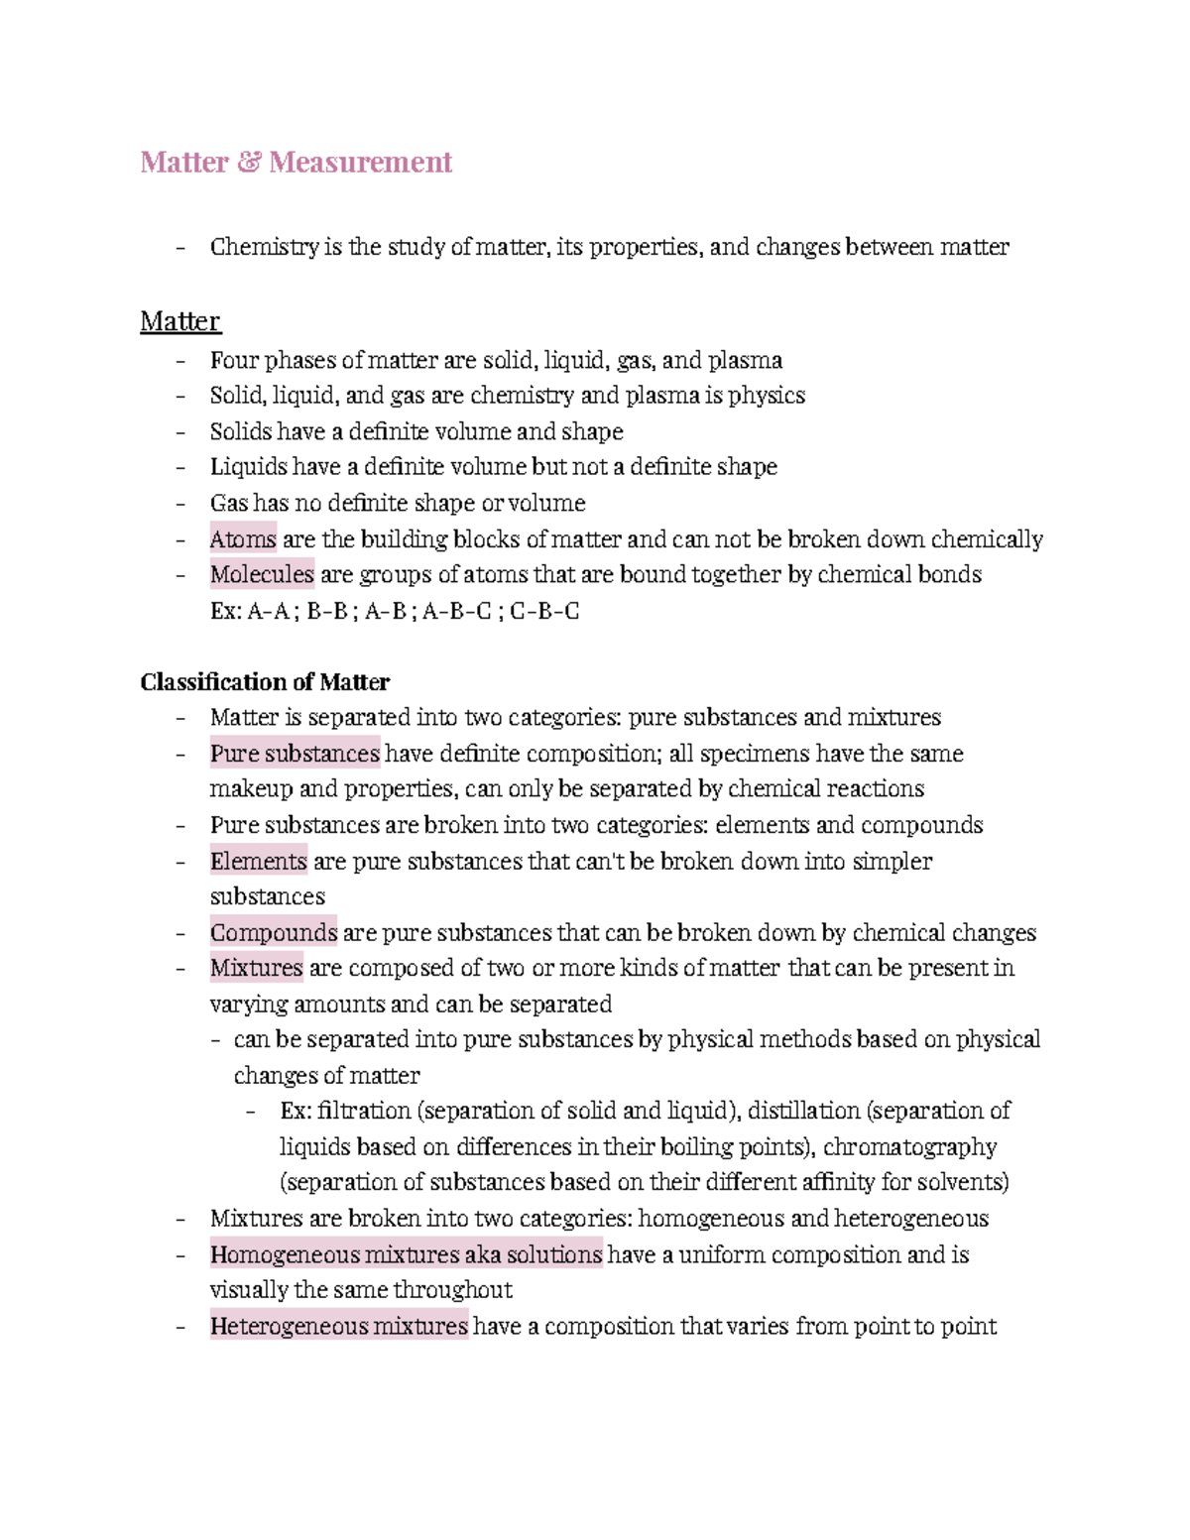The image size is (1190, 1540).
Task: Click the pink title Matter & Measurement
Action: click(x=296, y=162)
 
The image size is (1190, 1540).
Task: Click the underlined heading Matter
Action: click(x=179, y=321)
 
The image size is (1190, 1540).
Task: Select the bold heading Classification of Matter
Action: click(x=265, y=682)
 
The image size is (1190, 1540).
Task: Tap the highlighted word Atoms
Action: click(x=243, y=539)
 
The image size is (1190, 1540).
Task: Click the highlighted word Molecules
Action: click(x=262, y=575)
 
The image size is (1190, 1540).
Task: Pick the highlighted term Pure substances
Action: click(x=295, y=754)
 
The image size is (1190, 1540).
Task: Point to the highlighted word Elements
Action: click(x=258, y=861)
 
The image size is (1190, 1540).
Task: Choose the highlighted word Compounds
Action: click(x=273, y=933)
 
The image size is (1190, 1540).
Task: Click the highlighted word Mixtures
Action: click(x=256, y=968)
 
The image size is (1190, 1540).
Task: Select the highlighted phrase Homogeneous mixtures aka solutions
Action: click(x=406, y=1255)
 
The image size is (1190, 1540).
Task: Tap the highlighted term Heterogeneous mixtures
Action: click(x=338, y=1327)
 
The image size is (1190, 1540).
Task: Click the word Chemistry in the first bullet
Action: click(x=264, y=247)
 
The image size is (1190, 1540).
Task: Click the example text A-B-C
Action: click(x=456, y=611)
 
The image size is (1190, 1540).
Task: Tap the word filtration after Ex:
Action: click(x=364, y=1111)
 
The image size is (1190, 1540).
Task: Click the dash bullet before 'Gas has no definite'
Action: click(x=180, y=504)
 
